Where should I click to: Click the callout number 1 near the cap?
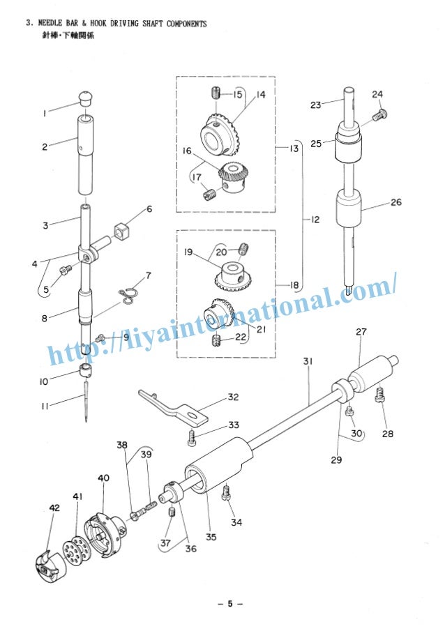coord(44,112)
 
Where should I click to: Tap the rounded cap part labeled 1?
coord(85,96)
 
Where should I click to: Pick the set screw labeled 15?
coord(216,92)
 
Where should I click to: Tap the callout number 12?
coord(315,220)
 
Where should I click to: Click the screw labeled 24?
coord(379,116)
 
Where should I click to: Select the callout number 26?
coord(395,203)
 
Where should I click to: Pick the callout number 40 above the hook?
coord(103,478)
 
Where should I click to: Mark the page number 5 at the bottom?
coord(229,604)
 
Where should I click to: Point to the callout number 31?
coord(308,360)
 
